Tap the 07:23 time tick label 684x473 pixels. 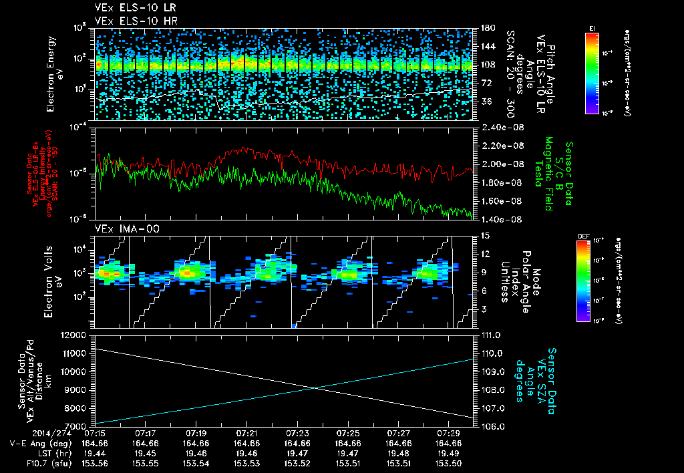coord(297,433)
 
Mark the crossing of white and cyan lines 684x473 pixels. coord(314,388)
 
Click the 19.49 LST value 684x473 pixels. coord(449,452)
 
